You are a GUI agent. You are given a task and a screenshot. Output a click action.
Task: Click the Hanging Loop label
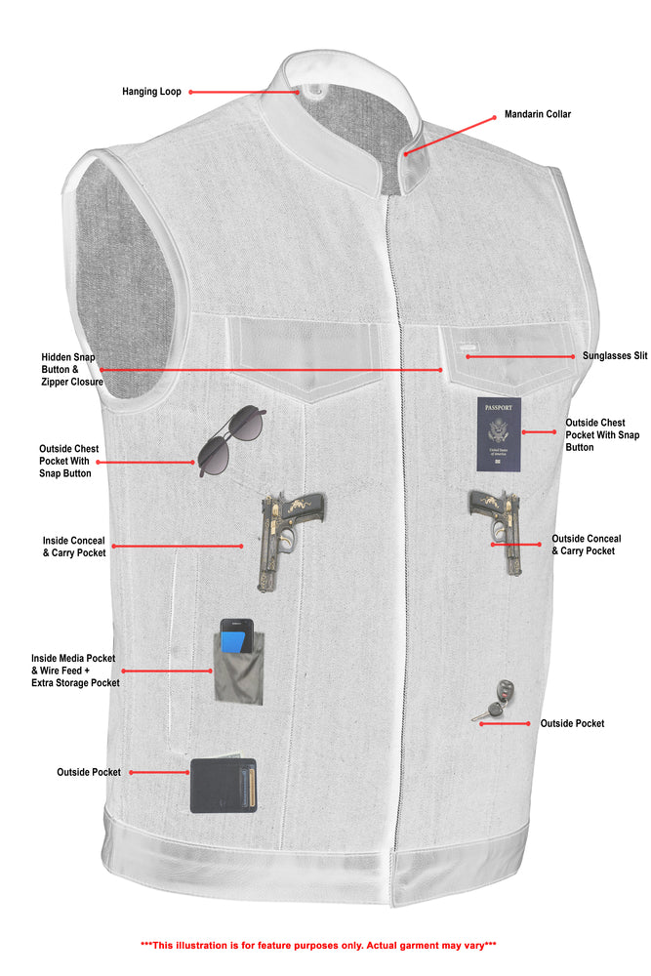(151, 92)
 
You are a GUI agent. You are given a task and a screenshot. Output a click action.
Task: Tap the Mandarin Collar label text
(538, 114)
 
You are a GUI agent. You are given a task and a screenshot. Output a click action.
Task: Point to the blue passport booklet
(499, 434)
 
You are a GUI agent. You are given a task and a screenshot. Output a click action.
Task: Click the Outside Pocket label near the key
(572, 723)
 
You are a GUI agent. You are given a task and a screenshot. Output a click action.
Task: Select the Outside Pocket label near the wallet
(89, 772)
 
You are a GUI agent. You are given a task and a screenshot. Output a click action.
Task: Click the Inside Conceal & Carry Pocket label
(74, 546)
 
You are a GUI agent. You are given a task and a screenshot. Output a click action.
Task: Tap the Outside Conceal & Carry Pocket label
(586, 545)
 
